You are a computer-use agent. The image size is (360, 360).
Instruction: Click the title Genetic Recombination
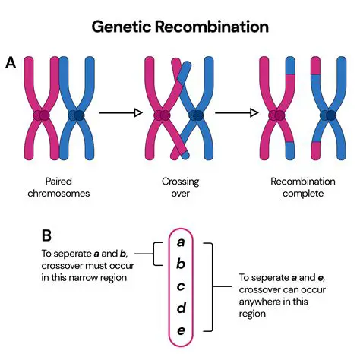click(180, 27)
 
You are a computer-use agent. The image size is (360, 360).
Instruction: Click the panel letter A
click(11, 63)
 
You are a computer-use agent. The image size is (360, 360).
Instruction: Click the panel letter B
click(27, 235)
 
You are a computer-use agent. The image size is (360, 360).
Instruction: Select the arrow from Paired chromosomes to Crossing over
click(121, 114)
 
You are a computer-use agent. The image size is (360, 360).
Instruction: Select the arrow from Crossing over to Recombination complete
click(236, 114)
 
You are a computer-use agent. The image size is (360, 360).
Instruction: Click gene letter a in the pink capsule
click(181, 242)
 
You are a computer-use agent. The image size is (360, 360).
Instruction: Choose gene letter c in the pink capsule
click(181, 287)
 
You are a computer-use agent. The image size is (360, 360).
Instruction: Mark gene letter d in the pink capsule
click(181, 309)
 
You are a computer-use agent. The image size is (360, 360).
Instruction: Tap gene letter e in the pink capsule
click(181, 331)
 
